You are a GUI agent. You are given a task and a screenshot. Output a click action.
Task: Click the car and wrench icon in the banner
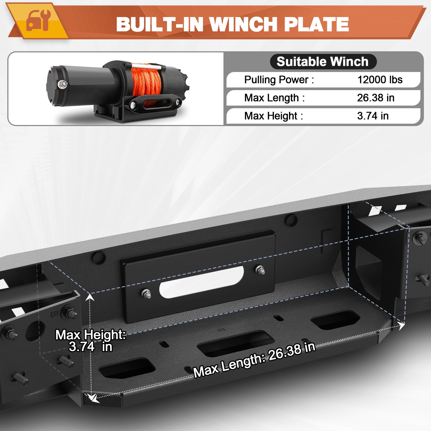pos(38,20)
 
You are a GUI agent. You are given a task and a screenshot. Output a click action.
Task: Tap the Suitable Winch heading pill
pos(322,62)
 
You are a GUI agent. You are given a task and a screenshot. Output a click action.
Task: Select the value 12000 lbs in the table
pos(380,80)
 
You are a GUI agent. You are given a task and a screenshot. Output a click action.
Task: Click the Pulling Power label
pos(279,80)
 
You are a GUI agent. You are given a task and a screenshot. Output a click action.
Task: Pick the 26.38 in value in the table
pos(376,98)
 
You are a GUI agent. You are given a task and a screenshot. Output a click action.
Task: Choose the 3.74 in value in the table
pos(373,116)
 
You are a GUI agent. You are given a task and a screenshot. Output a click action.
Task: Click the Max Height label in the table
pos(273,116)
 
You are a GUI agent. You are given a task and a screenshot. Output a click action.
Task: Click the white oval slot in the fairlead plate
pos(201,281)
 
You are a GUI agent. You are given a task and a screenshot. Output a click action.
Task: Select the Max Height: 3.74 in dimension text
pos(90,341)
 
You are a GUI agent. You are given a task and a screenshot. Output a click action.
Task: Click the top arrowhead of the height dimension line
pos(90,297)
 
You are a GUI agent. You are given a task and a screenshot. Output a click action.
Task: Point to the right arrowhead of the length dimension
pos(401,326)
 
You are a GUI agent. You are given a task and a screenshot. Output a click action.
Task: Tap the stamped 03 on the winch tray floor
pos(221,330)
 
